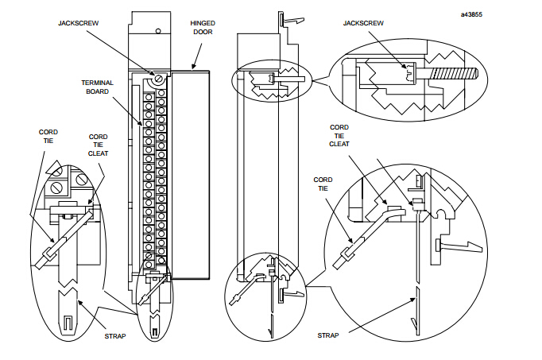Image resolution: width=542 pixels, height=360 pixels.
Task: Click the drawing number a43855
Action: coord(471,14)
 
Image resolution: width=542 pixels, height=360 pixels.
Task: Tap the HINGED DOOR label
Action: coord(203,28)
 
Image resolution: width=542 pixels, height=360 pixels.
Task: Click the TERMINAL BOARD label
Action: coord(97,87)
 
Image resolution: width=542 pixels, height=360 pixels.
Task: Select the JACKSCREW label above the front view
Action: coord(78,23)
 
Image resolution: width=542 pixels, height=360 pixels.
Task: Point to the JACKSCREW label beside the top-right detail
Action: coord(363,23)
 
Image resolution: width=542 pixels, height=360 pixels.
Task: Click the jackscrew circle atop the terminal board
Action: coord(158,79)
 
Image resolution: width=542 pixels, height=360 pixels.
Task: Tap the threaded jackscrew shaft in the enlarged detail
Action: coord(454,74)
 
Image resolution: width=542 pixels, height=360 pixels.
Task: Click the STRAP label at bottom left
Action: coord(115,336)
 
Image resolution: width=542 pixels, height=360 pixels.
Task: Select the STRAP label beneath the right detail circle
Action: coord(328,335)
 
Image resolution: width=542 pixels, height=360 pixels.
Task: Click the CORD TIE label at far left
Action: coord(48,137)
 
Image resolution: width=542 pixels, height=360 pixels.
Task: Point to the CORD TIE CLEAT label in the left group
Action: coord(99,145)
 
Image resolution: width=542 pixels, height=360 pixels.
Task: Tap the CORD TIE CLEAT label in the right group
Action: coord(339,135)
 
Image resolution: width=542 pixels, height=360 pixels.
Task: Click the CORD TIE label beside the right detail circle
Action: coord(323,184)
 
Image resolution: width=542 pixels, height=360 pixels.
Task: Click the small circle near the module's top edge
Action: coord(158,31)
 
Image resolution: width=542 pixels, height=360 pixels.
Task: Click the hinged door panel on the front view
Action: coord(190,175)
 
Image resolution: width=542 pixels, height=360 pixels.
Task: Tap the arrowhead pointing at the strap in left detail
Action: coord(79,302)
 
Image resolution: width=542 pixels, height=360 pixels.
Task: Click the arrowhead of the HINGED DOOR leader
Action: coord(193,66)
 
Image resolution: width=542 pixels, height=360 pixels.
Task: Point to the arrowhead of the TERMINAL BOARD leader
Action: coord(141,122)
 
